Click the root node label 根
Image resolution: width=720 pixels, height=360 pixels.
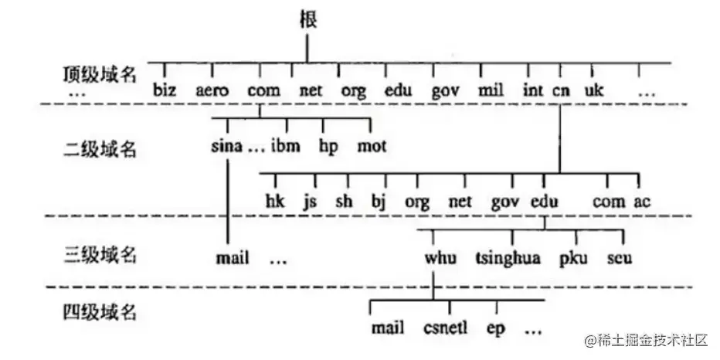(x=307, y=20)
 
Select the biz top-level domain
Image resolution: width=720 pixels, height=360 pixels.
(x=165, y=90)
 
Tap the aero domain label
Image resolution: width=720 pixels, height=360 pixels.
(x=212, y=90)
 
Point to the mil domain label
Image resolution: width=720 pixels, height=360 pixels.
(x=491, y=90)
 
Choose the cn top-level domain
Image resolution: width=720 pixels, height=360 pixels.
(x=561, y=90)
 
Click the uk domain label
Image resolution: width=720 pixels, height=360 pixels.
(x=593, y=90)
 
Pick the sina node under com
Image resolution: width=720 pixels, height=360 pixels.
(x=226, y=146)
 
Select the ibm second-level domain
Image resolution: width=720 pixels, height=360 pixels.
(x=285, y=146)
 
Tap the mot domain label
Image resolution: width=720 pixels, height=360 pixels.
(x=372, y=146)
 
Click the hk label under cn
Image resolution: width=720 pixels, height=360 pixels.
(x=274, y=202)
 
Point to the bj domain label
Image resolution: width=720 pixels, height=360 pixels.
(x=378, y=202)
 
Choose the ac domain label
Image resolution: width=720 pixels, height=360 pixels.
(x=642, y=202)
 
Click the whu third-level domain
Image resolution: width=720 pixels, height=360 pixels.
(x=440, y=257)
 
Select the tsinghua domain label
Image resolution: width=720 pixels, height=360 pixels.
(x=508, y=258)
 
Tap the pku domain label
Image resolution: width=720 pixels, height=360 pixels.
(x=574, y=257)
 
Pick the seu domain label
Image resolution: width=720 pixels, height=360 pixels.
(x=620, y=257)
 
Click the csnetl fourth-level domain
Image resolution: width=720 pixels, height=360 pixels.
(x=445, y=328)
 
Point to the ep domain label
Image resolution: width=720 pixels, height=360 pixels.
(x=495, y=328)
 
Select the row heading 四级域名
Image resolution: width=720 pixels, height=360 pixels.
(x=99, y=312)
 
